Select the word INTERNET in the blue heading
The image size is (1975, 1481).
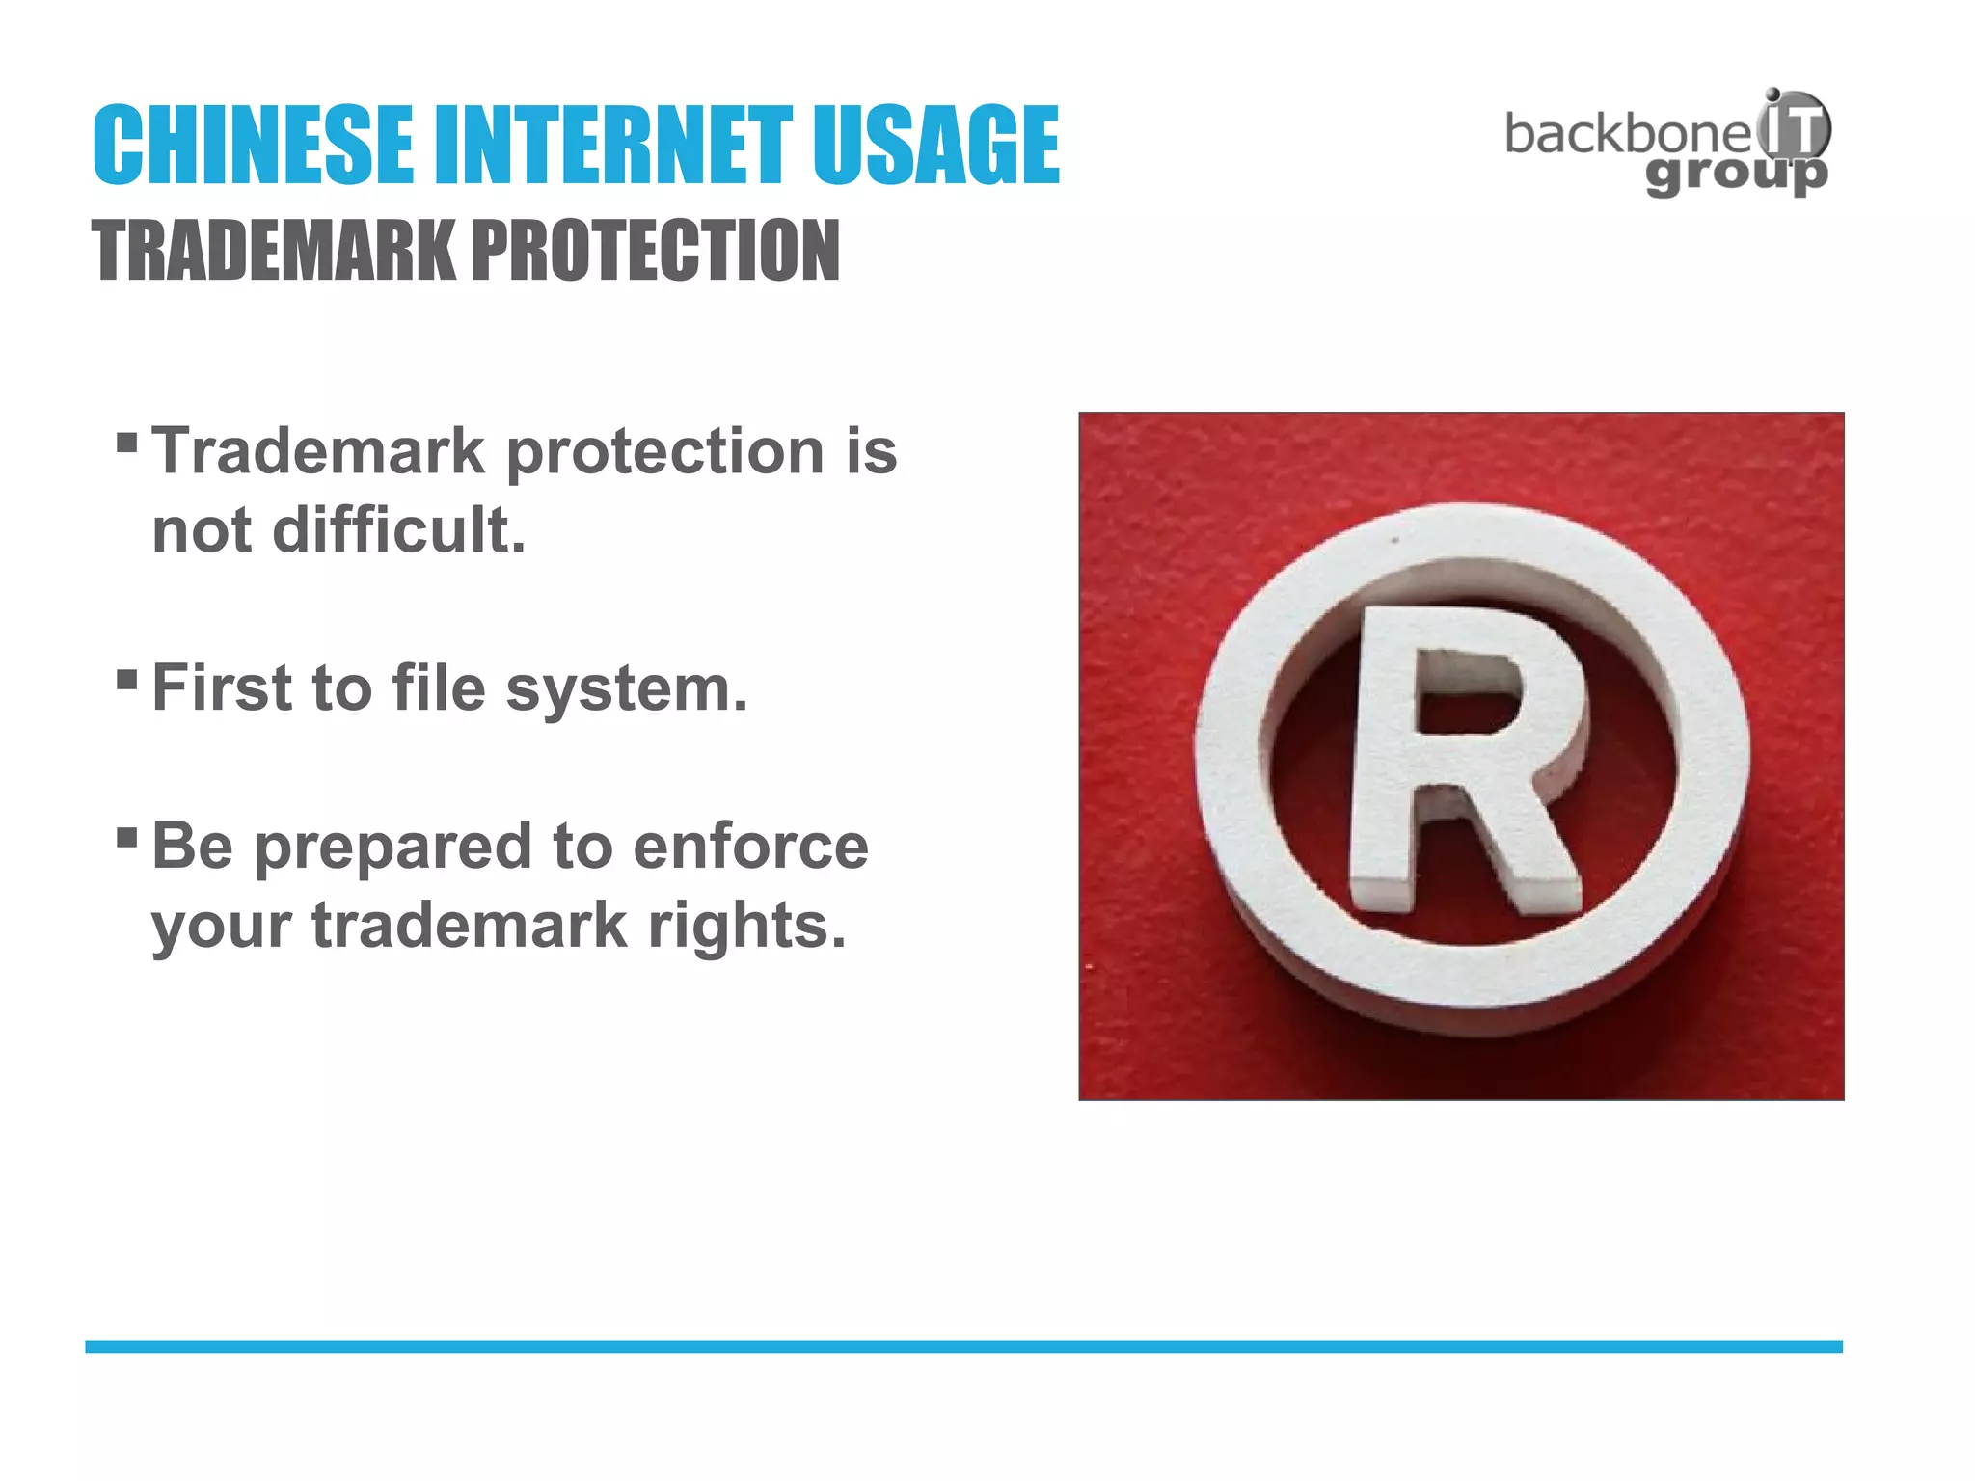(613, 146)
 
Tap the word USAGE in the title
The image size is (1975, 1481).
(934, 146)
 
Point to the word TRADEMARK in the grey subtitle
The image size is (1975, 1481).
(274, 251)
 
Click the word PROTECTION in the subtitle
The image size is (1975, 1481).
(655, 251)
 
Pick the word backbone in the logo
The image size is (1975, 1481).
(1627, 134)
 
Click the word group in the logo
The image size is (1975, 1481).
(1736, 175)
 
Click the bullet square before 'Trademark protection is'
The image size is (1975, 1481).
(126, 443)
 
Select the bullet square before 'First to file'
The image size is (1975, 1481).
(126, 680)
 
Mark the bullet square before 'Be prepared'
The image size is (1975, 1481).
(126, 836)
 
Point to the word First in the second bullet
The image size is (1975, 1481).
(222, 688)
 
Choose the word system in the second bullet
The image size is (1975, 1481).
(626, 690)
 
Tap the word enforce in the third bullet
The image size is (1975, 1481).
(750, 847)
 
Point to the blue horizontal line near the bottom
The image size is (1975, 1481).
(963, 1347)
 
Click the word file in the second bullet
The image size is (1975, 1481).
(439, 688)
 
